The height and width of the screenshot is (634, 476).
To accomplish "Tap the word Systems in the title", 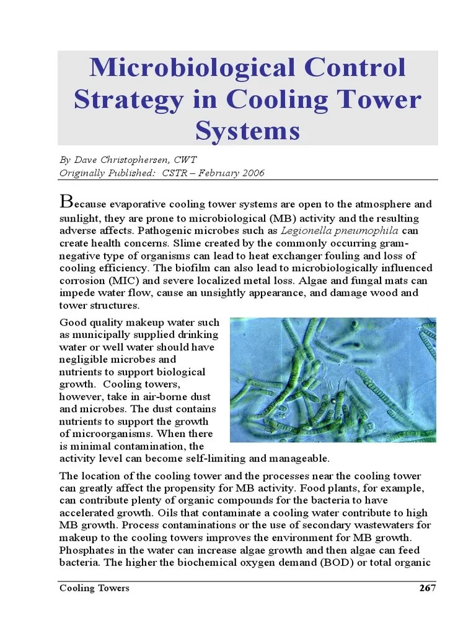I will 248,131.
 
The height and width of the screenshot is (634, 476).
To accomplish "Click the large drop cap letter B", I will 66,201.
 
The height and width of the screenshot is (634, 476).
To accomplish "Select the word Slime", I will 186,243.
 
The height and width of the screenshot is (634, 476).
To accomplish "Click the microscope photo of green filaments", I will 333,380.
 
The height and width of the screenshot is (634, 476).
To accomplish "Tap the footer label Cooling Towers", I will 94,588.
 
